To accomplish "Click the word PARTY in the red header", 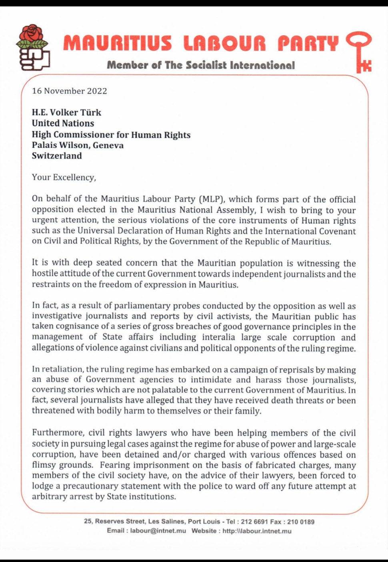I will tap(308, 43).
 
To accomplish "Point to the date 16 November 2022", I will tap(70, 91).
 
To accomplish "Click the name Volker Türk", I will tap(76, 113).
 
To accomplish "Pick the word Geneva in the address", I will tap(108, 145).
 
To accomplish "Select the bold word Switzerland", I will tap(57, 156).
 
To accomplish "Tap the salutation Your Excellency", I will tap(64, 177).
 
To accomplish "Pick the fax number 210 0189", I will tap(301, 522).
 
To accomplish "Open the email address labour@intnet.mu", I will tap(158, 531).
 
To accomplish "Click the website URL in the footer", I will tap(257, 531).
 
